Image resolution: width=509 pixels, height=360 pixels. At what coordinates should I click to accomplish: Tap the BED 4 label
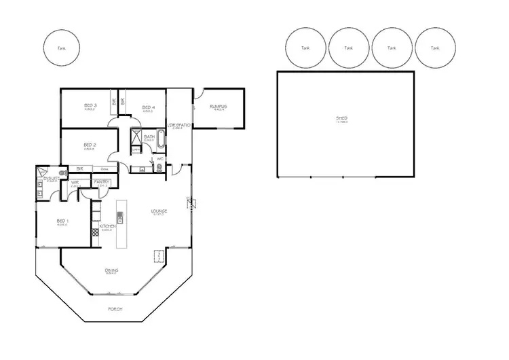pos(149,107)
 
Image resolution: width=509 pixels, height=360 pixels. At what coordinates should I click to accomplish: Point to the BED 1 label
pos(62,221)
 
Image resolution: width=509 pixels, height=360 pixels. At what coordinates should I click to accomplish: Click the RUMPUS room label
pos(218,107)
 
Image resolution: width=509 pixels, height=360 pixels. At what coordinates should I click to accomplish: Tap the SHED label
pos(341,119)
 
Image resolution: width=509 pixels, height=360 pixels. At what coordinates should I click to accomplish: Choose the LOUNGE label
pos(159,211)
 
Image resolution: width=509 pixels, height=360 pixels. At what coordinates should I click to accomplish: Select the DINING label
pos(111,270)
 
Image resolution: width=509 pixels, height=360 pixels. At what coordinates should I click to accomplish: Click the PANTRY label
pos(102,181)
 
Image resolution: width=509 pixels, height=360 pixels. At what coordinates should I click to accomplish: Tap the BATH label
pos(149,137)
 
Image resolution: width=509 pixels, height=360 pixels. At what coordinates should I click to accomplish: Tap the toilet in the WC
pos(159,166)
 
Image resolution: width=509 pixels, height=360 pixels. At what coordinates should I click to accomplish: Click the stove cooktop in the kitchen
pos(96,232)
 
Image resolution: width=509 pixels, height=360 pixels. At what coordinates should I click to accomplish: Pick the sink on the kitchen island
pos(120,218)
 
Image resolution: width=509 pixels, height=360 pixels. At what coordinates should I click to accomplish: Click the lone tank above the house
pos(62,48)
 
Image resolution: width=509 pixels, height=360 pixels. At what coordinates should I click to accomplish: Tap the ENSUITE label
pos(47,178)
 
